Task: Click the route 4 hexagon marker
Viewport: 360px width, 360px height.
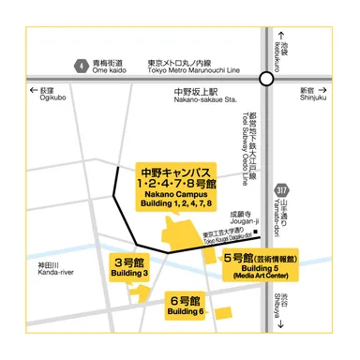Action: tap(82, 65)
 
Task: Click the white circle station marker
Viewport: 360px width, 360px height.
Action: tap(267, 81)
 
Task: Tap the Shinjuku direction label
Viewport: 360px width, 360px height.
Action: tap(311, 95)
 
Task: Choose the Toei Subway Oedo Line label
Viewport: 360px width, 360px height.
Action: tap(248, 150)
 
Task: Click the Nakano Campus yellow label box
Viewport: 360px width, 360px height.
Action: tap(178, 186)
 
